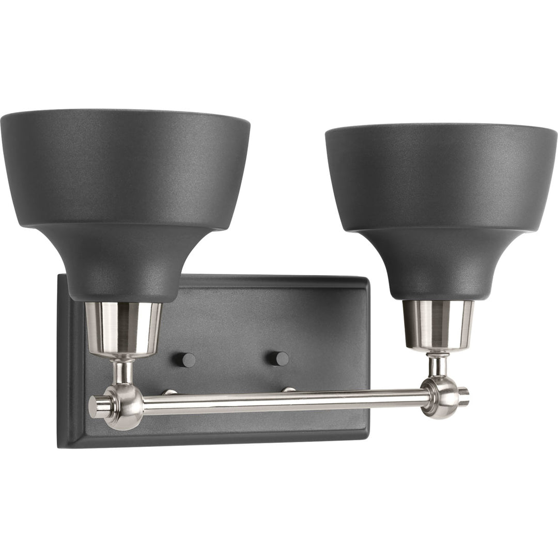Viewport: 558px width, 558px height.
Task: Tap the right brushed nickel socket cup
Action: click(x=438, y=324)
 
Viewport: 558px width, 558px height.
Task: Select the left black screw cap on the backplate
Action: click(x=188, y=360)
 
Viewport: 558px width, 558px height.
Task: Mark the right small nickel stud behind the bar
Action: click(x=289, y=390)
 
